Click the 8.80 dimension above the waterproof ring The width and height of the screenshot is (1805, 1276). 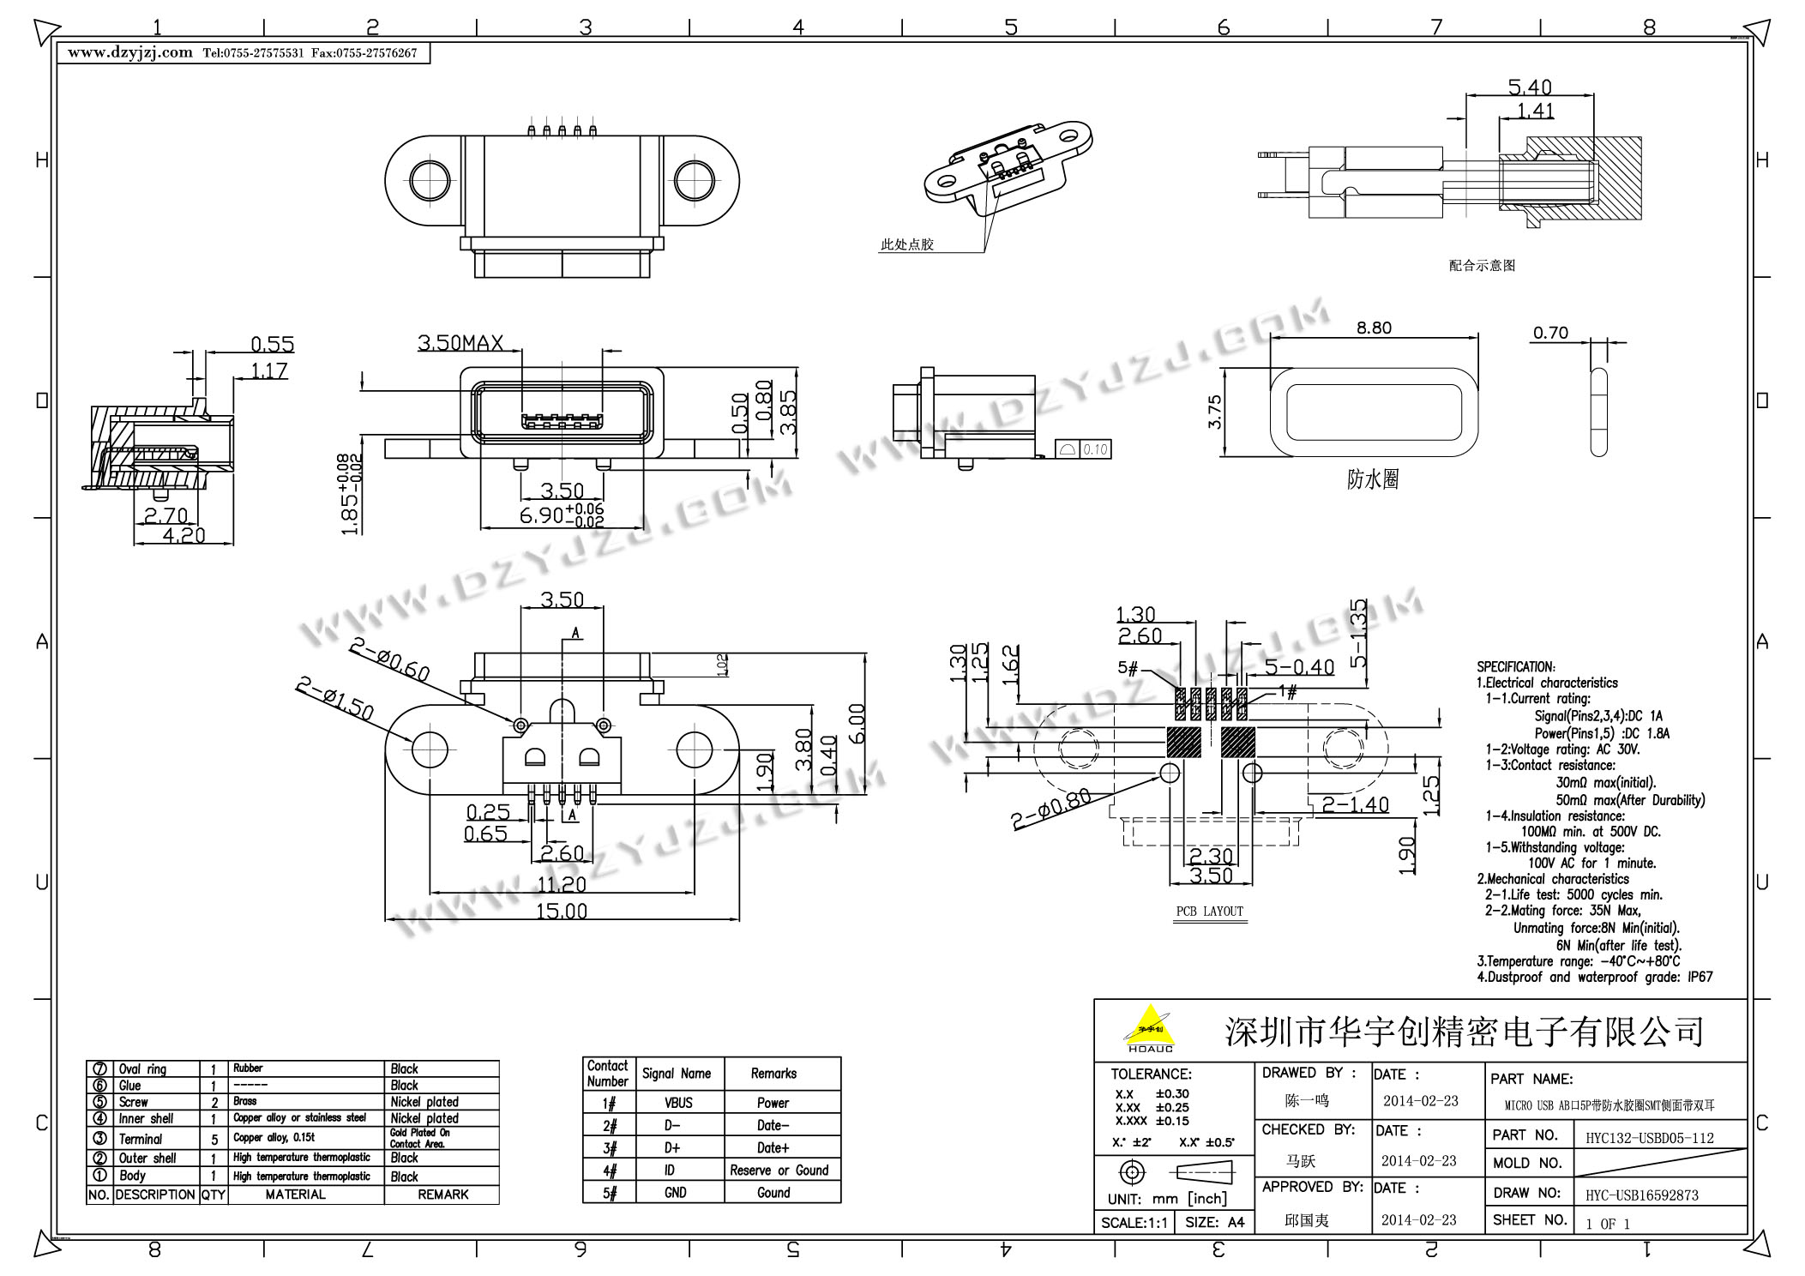(1374, 328)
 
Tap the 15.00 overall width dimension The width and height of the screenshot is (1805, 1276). (562, 911)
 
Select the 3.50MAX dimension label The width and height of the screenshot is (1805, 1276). (460, 344)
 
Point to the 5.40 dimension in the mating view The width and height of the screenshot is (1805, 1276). (1530, 87)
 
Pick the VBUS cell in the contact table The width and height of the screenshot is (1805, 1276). (678, 1103)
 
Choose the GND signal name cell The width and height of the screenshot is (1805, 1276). (676, 1192)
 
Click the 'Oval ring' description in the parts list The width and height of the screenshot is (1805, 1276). (142, 1069)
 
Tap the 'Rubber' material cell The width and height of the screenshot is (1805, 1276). (248, 1068)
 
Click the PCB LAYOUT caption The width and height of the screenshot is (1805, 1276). (1209, 912)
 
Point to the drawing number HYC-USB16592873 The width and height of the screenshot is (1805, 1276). (1642, 1195)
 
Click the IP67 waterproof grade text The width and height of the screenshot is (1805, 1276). (1700, 977)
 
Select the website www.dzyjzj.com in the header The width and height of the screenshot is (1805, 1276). (130, 53)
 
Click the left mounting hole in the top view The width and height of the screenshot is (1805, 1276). (429, 180)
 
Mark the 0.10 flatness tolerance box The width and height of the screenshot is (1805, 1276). (1095, 449)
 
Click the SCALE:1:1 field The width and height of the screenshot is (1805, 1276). (1134, 1223)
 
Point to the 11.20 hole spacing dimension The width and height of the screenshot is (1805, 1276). (562, 885)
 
